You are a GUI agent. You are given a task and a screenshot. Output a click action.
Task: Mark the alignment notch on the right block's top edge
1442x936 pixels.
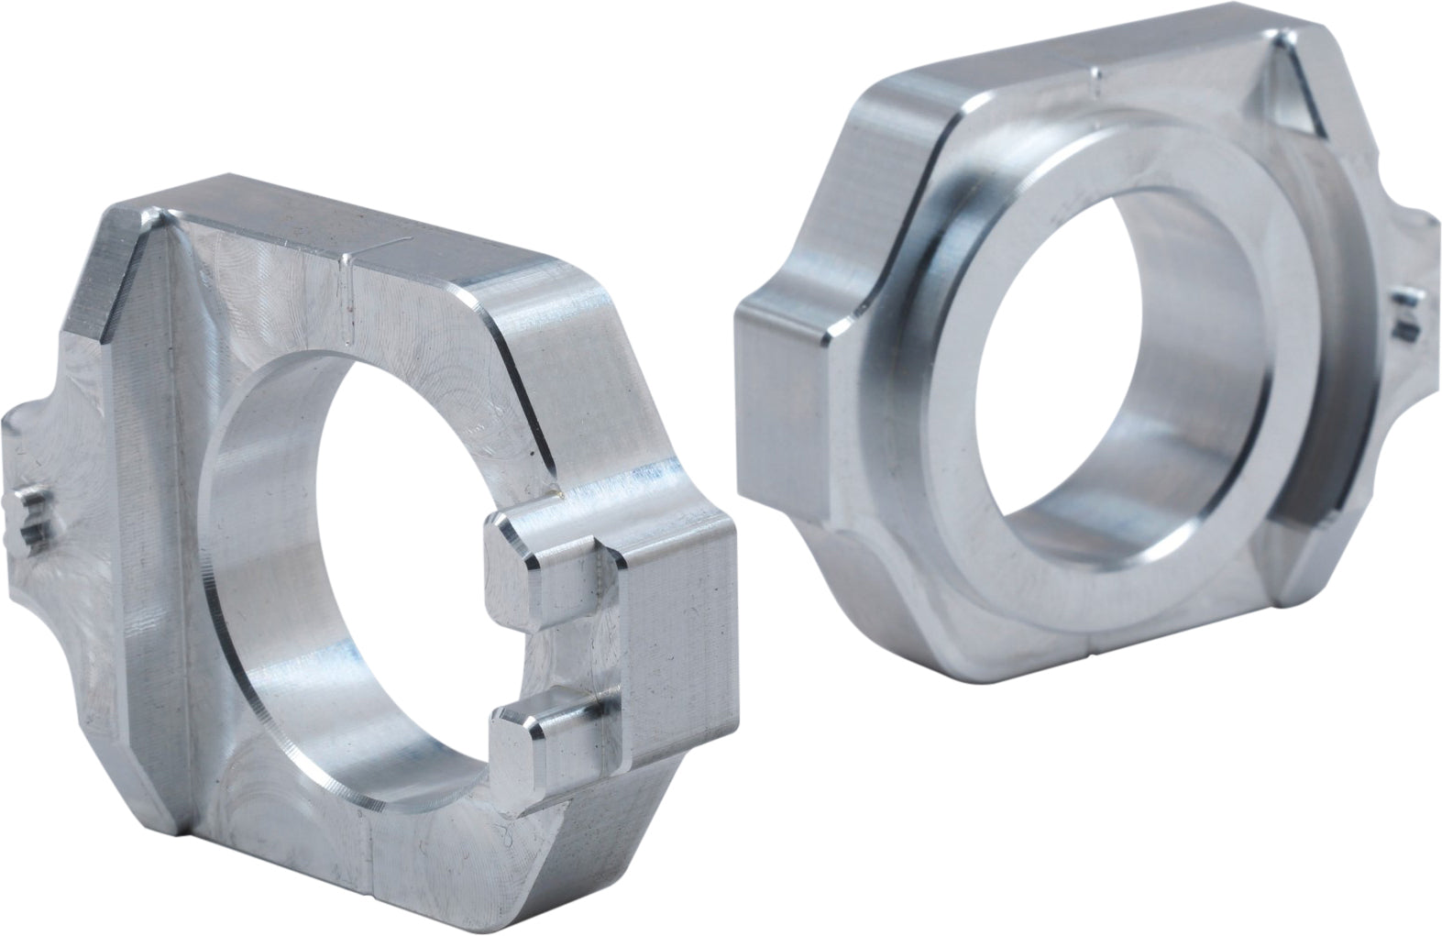(x=1096, y=79)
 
